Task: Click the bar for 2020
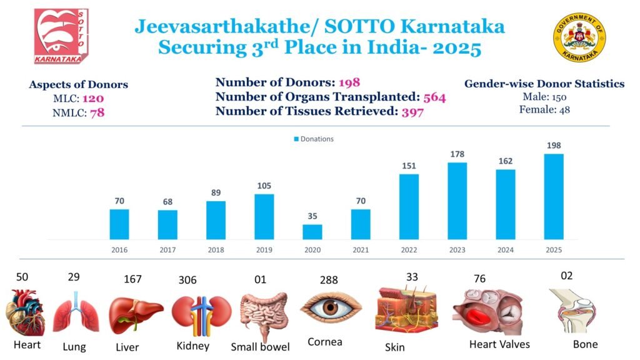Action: click(x=312, y=232)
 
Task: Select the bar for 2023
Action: click(x=457, y=201)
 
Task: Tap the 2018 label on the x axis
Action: click(x=216, y=249)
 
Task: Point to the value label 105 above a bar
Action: click(x=264, y=186)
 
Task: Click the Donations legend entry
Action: click(x=314, y=139)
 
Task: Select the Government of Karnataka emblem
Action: click(x=577, y=37)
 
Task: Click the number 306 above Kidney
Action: click(x=187, y=281)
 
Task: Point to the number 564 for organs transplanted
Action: click(x=434, y=97)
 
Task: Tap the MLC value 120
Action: click(x=92, y=99)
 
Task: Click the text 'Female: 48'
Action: click(x=544, y=109)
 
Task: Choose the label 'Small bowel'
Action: click(x=260, y=347)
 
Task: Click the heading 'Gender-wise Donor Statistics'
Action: click(x=544, y=84)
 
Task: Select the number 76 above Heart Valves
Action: click(x=479, y=278)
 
